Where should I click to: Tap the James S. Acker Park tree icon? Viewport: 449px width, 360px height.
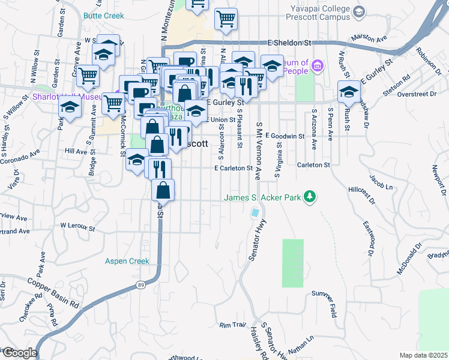click(x=310, y=197)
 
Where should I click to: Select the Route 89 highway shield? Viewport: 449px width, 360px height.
click(x=139, y=284)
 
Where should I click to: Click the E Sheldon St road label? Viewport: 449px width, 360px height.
click(x=291, y=43)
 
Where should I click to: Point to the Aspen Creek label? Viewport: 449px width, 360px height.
click(x=127, y=261)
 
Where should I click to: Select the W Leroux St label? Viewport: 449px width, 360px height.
click(x=77, y=226)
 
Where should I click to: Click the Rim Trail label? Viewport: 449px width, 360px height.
click(x=233, y=325)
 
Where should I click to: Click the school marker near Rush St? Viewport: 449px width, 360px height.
click(x=348, y=92)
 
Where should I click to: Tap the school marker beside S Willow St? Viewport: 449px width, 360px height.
click(x=70, y=109)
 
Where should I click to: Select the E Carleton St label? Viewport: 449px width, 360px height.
click(x=232, y=169)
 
